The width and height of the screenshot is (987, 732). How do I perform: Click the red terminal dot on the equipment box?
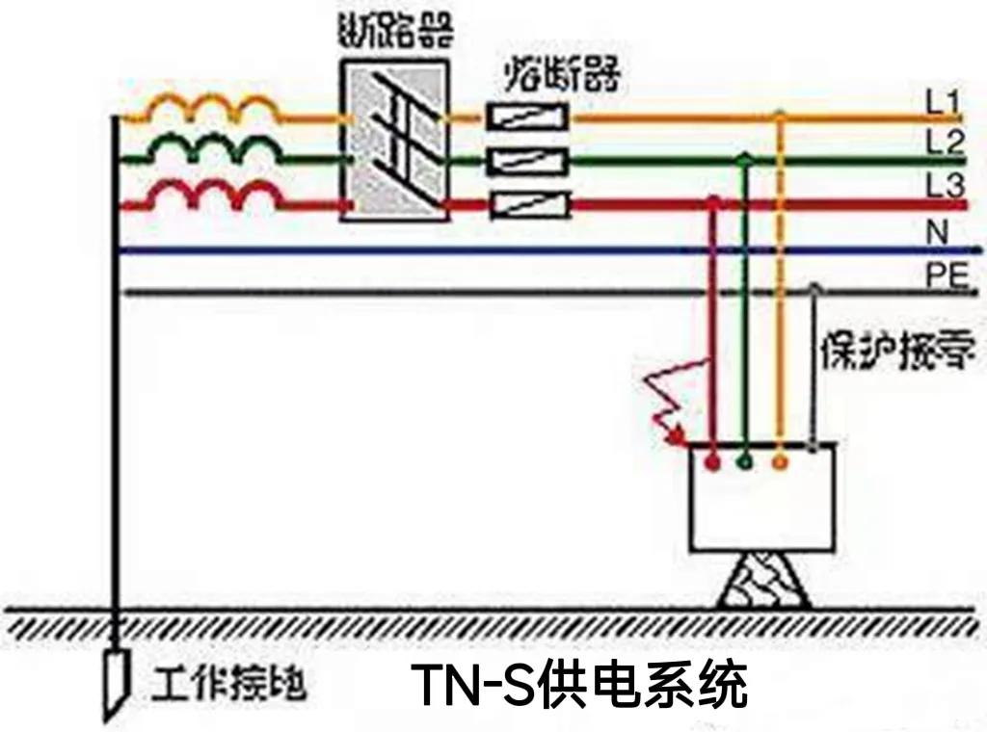(x=711, y=463)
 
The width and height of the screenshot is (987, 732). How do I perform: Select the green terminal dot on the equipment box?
(x=744, y=463)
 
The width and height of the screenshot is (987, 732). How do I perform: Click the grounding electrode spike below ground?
(x=115, y=680)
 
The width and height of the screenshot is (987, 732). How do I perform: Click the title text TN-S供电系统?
(x=578, y=686)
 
